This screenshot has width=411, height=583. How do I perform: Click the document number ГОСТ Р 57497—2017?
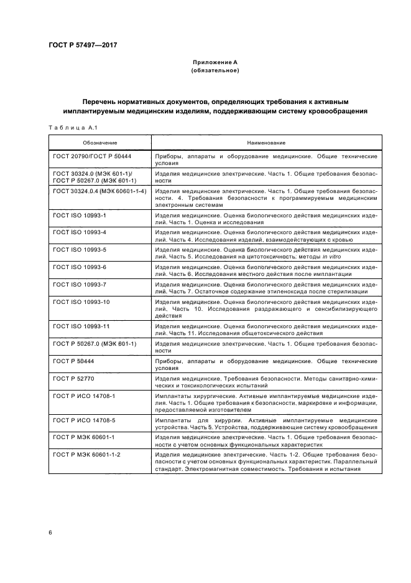83,45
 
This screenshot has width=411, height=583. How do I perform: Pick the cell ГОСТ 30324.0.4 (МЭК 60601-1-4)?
99,191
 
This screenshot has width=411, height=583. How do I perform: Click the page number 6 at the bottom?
50,533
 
